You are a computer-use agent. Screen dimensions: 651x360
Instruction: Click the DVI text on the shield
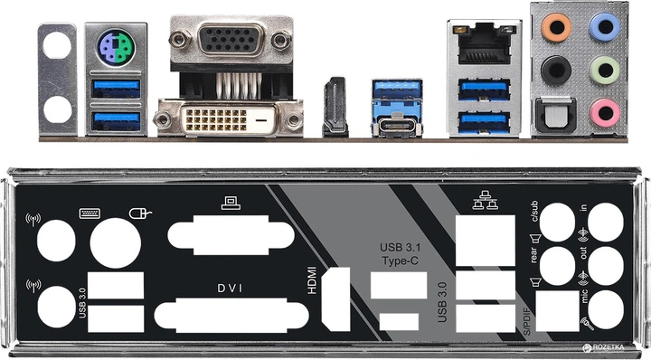pos(228,289)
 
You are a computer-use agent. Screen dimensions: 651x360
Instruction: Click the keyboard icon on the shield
pos(90,213)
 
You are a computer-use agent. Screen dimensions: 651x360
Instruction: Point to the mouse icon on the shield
pos(137,214)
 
